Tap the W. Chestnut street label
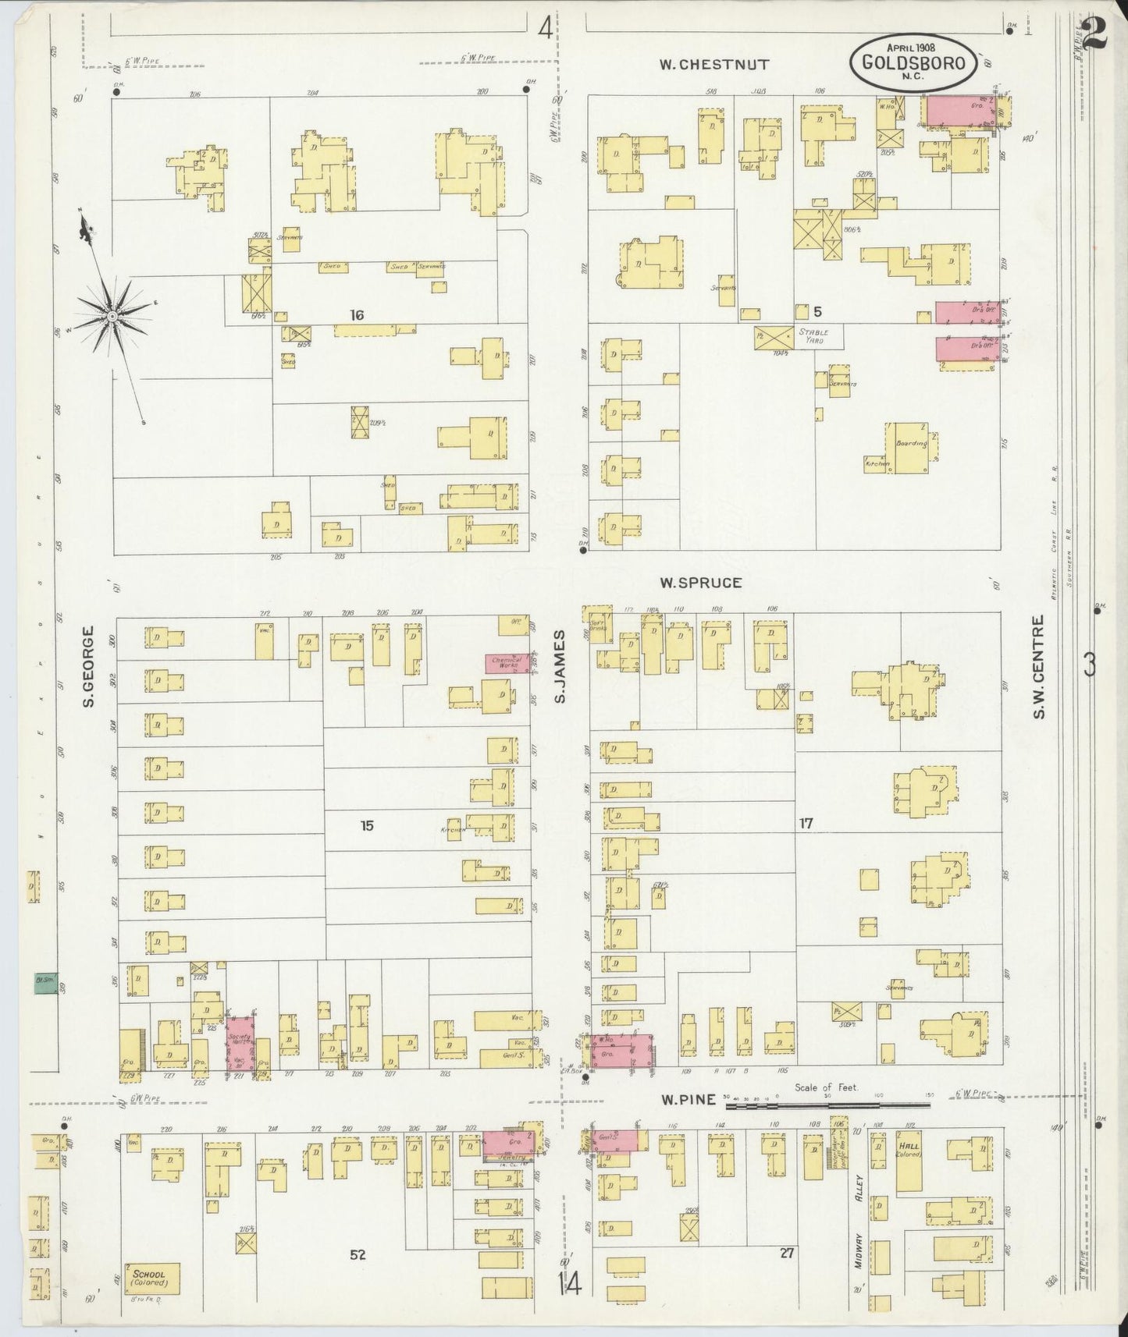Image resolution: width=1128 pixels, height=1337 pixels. click(714, 65)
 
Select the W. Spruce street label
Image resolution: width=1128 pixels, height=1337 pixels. click(699, 582)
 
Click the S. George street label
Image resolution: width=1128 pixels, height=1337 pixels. click(89, 666)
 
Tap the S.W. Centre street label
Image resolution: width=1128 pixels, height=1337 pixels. click(1039, 668)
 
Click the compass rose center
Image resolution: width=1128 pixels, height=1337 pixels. click(113, 315)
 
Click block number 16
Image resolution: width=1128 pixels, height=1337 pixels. click(357, 315)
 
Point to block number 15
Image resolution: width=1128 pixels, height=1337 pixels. click(366, 825)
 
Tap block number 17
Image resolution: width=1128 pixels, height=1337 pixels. click(806, 822)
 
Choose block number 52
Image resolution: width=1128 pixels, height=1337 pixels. click(358, 1254)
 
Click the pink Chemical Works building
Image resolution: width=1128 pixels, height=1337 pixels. click(504, 663)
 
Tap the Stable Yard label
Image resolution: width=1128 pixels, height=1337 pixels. click(812, 335)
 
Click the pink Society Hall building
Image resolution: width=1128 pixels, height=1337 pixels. click(241, 1041)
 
